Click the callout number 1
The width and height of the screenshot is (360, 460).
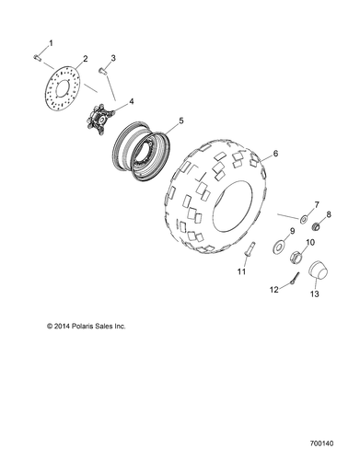pyautogui.click(x=51, y=43)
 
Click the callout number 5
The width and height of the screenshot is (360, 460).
pyautogui.click(x=180, y=121)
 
